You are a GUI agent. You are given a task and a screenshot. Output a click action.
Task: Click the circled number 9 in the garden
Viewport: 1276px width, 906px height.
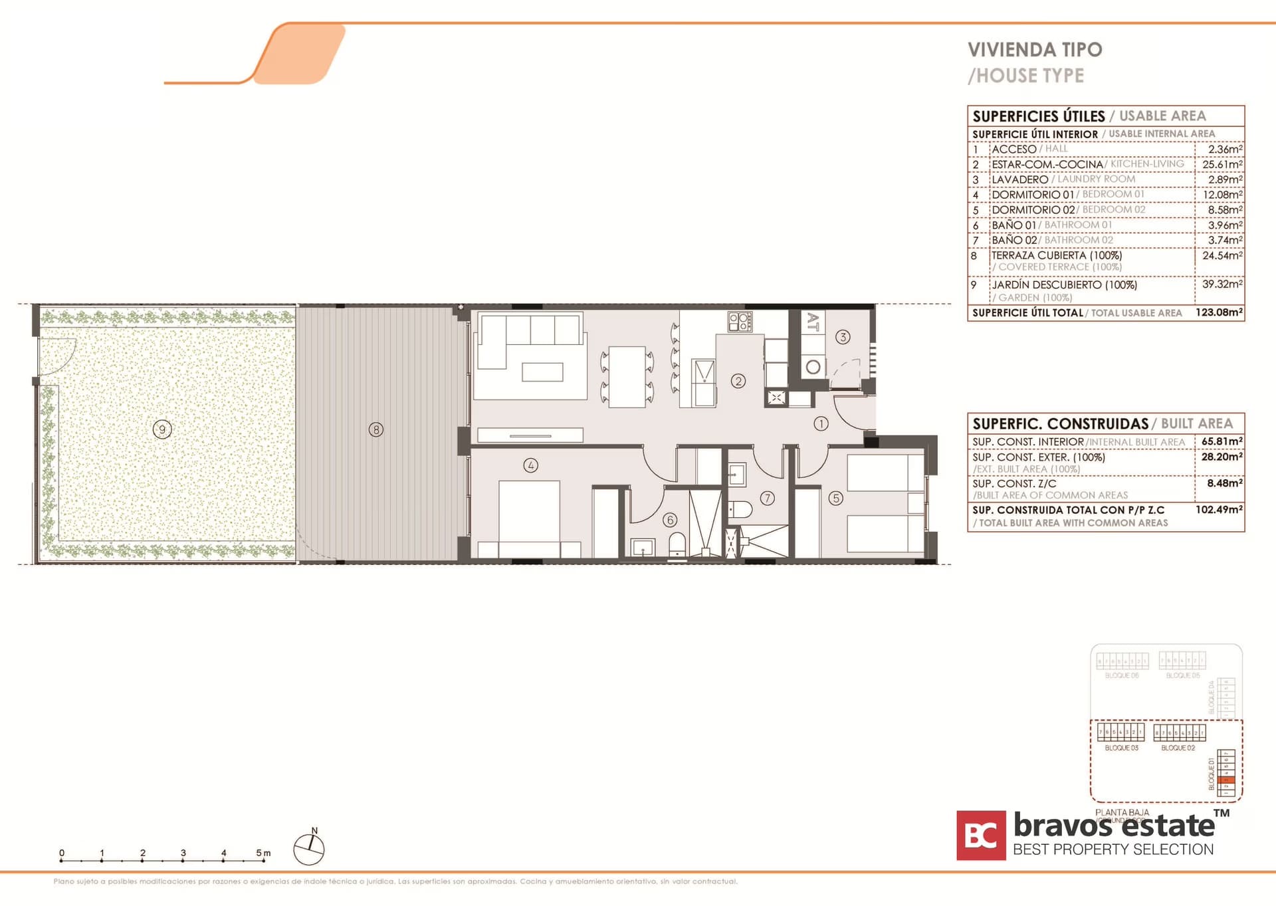pyautogui.click(x=162, y=429)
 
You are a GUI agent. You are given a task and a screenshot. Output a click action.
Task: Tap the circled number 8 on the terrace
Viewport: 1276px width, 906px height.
pyautogui.click(x=376, y=429)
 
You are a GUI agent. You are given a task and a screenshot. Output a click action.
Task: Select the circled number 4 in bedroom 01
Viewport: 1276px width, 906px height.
pyautogui.click(x=530, y=465)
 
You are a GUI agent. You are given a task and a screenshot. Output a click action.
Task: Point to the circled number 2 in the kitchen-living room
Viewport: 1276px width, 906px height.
pyautogui.click(x=738, y=381)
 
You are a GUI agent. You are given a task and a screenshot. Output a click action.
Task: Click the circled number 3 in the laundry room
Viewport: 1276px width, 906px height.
pyautogui.click(x=843, y=337)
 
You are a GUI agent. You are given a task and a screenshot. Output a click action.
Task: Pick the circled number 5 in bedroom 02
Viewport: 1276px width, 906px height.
pyautogui.click(x=835, y=498)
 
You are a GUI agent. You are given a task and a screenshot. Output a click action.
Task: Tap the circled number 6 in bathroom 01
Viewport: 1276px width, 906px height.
pyautogui.click(x=670, y=520)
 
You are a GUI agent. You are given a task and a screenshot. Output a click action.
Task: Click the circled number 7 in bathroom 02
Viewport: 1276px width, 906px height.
pyautogui.click(x=768, y=498)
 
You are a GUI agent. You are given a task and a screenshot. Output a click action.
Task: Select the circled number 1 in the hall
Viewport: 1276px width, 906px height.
pyautogui.click(x=821, y=423)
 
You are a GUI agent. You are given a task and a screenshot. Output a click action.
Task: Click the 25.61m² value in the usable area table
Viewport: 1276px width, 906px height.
pyautogui.click(x=1222, y=164)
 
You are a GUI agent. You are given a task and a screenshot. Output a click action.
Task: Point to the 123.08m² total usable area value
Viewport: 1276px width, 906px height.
pyautogui.click(x=1219, y=312)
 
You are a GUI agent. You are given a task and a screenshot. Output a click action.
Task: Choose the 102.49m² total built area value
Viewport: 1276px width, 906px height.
pyautogui.click(x=1219, y=510)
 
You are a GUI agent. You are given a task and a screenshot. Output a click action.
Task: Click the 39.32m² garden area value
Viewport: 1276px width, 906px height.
pyautogui.click(x=1222, y=284)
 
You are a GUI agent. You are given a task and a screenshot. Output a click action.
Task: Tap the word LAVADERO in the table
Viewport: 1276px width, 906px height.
pyautogui.click(x=1019, y=179)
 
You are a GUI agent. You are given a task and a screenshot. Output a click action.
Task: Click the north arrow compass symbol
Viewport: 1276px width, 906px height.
pyautogui.click(x=309, y=849)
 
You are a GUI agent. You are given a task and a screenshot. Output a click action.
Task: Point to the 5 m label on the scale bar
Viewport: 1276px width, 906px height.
pyautogui.click(x=263, y=853)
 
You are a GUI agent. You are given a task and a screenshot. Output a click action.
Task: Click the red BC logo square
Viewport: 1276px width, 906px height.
pyautogui.click(x=981, y=836)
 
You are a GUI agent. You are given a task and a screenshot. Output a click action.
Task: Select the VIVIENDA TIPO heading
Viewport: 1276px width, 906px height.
pyautogui.click(x=1035, y=50)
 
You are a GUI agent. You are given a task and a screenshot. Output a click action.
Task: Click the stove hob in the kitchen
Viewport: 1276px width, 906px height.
pyautogui.click(x=740, y=322)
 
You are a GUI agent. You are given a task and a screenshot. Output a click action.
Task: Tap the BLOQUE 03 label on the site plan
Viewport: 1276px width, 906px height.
pyautogui.click(x=1121, y=748)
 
